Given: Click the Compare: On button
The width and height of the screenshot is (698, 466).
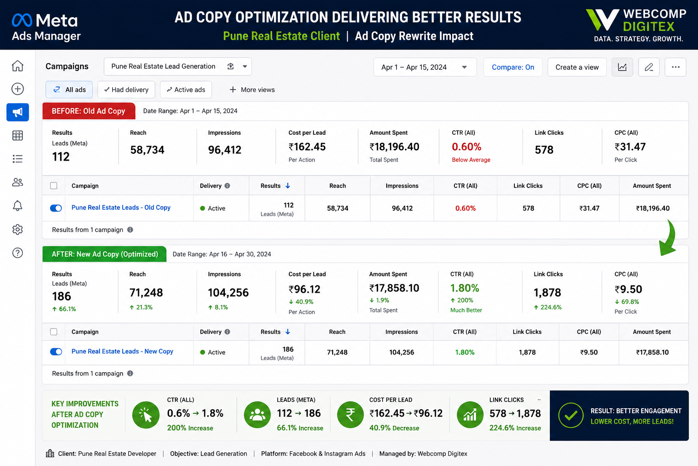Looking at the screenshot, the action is [513, 67].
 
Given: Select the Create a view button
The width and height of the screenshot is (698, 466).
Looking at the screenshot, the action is [577, 67].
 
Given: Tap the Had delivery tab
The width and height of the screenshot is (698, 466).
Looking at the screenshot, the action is [126, 90].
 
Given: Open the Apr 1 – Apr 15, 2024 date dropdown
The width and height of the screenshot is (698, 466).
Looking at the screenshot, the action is [425, 67].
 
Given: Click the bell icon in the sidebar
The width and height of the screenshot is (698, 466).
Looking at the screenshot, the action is [17, 206].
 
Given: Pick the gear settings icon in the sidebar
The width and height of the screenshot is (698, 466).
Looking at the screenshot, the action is [17, 229].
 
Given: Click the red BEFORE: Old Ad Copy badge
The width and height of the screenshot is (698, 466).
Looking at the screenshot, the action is [89, 111].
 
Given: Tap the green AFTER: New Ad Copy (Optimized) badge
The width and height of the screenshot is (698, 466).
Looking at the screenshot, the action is [105, 254].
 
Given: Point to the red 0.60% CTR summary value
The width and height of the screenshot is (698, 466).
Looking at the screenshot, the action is [467, 147].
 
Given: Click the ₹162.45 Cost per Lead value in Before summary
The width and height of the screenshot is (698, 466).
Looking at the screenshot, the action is [307, 147].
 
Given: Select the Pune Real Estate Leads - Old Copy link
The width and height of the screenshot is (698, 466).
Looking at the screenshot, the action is [121, 208].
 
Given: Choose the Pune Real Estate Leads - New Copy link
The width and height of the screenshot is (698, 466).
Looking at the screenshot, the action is [122, 351].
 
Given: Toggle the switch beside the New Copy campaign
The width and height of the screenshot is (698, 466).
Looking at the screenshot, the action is [56, 352].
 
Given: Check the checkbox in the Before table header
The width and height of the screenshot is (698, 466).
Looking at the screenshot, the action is [54, 186].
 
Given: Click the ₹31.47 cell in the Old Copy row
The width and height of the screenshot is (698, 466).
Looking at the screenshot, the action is [589, 208].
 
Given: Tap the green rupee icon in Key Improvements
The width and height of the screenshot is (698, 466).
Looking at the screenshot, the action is [350, 415].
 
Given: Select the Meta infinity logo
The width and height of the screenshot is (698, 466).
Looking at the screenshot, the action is [22, 20].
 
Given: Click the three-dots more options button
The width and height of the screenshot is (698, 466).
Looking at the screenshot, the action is [675, 67].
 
